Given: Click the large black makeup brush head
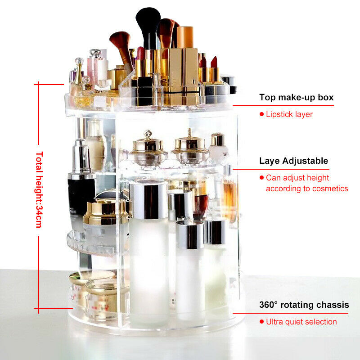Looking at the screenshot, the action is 148,21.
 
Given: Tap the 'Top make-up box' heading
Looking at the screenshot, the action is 296,97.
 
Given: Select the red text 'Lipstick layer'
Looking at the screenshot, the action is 289,114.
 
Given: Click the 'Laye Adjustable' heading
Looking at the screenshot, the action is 294,161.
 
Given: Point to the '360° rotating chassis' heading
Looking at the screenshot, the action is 304,305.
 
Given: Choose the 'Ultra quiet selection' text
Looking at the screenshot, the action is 301,322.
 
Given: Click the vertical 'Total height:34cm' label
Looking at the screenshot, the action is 39,189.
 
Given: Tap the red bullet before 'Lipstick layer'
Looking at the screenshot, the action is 261,114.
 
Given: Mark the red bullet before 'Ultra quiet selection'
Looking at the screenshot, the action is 261,322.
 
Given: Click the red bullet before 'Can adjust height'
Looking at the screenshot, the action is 261,177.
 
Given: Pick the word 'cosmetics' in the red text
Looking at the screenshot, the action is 330,189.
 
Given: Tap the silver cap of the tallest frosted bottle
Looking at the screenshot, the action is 149,200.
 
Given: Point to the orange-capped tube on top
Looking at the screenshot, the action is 185,37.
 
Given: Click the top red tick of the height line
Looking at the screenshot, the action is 49,85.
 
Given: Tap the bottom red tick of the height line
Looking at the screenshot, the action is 53,309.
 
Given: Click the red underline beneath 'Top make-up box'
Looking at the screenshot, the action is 283,106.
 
